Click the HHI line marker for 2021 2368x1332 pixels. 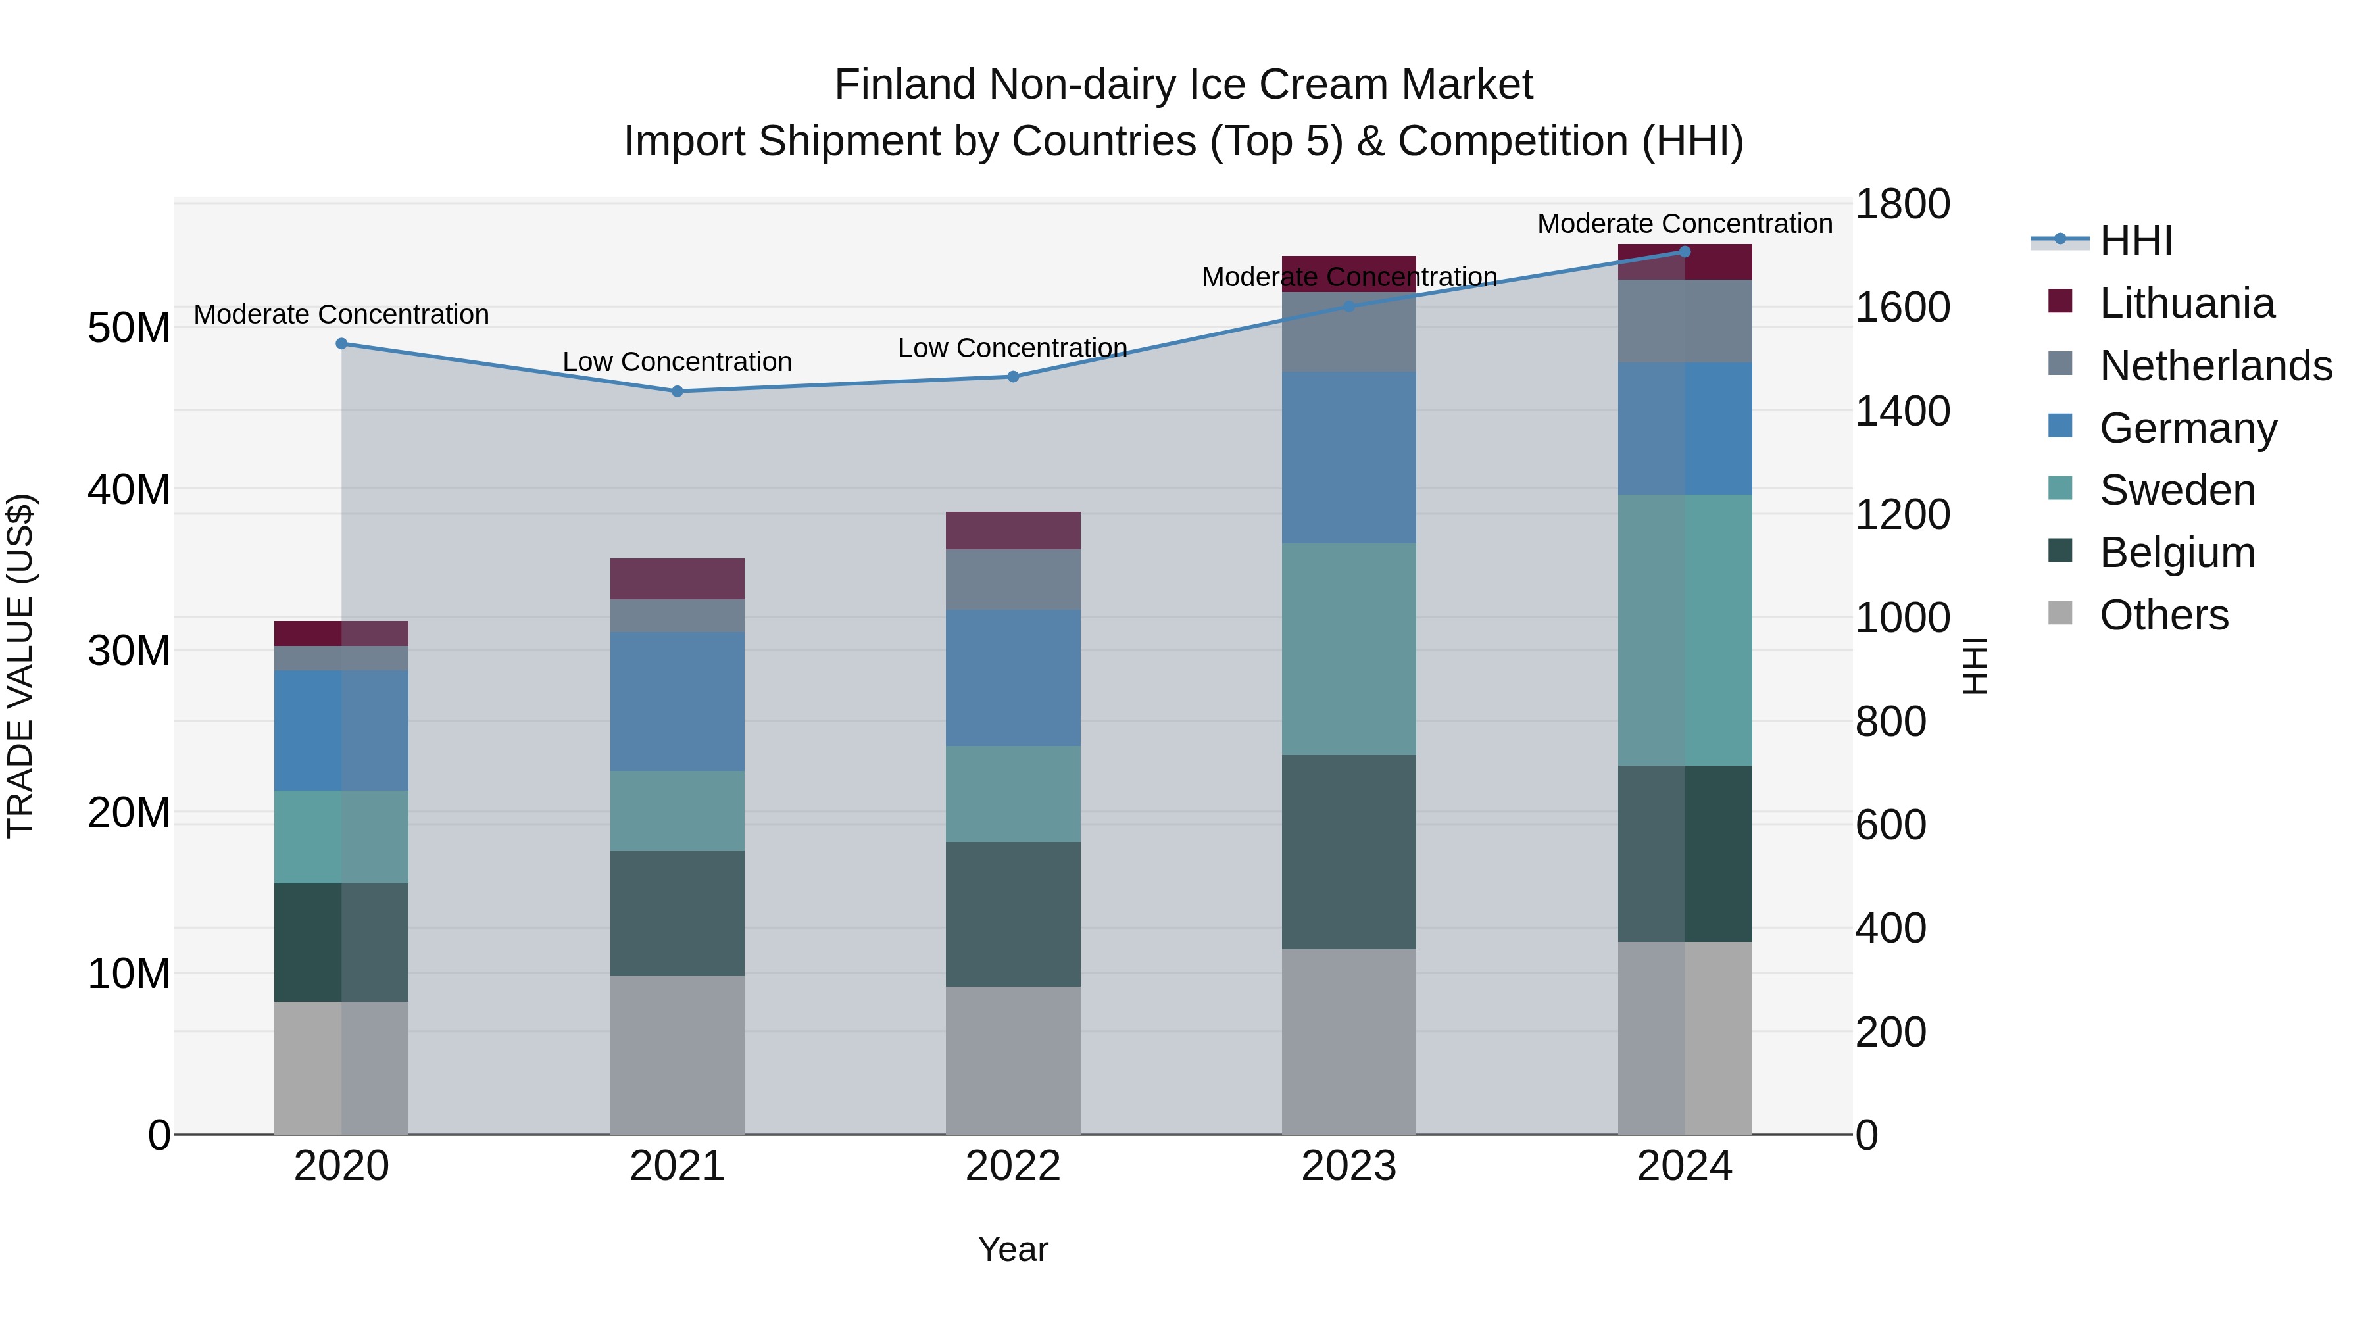[678, 391]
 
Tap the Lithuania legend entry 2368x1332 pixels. [2186, 303]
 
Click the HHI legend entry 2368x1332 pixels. [2134, 241]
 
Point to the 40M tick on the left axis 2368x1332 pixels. [129, 489]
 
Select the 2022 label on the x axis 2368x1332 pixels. [1013, 1166]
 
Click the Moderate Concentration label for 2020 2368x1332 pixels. [341, 314]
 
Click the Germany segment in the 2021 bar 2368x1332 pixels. [678, 701]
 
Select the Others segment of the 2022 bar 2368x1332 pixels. [1013, 1059]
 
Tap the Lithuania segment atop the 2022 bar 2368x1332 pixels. [1013, 530]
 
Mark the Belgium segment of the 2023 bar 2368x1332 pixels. [1348, 851]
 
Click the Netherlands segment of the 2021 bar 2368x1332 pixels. [678, 615]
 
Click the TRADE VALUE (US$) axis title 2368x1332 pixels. [20, 666]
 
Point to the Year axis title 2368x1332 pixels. [1013, 1249]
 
